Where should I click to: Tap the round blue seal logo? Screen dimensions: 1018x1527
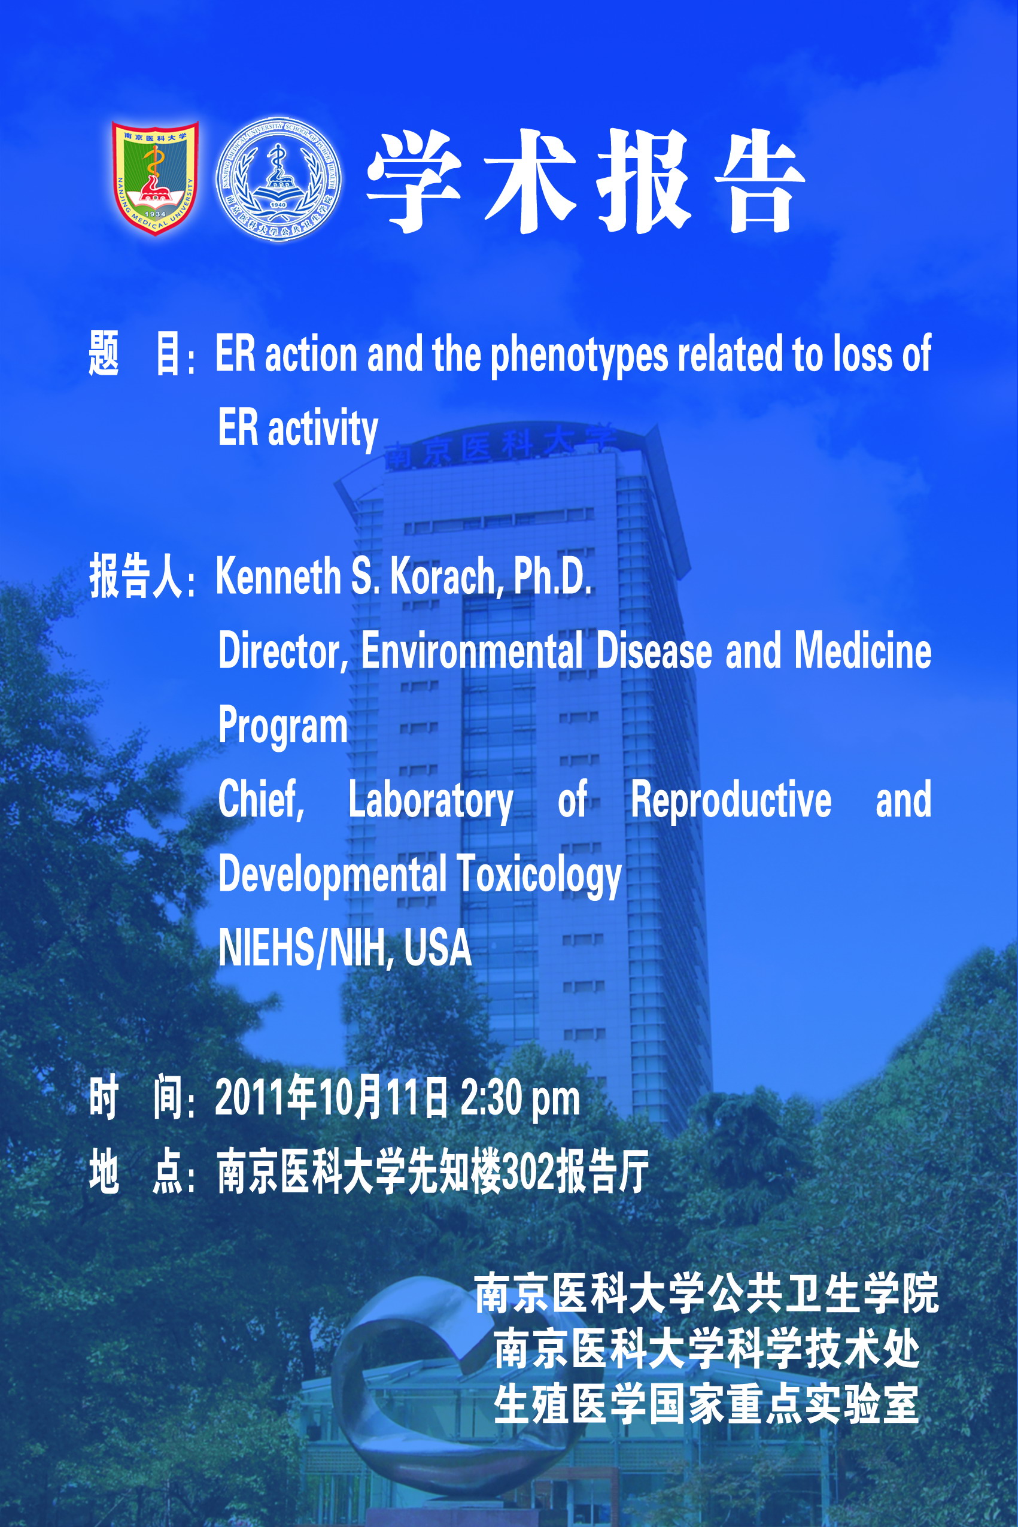pos(279,180)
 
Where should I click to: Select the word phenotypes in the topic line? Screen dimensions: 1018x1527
pos(579,355)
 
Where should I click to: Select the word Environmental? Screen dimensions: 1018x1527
pos(472,651)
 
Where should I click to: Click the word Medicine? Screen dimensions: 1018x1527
pos(863,651)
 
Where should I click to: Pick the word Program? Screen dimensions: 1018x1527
pos(283,727)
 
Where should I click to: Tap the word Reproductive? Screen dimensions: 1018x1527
pos(731,800)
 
